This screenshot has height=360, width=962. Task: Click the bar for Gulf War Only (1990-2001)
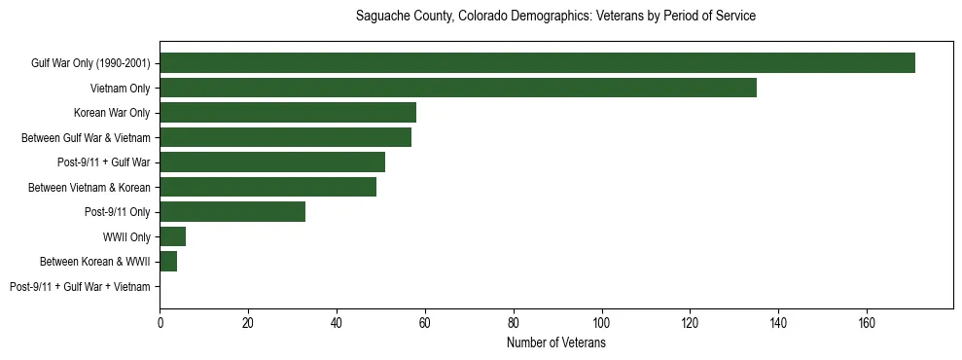537,63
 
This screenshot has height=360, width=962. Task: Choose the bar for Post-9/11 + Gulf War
272,162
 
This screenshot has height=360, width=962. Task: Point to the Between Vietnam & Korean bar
268,187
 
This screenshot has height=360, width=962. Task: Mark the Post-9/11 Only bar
232,212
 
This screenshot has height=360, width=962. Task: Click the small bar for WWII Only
173,236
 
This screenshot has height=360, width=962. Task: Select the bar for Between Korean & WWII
168,262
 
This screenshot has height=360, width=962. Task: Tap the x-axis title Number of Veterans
555,343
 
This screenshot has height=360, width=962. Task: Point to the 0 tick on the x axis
160,323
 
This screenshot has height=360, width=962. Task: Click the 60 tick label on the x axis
425,323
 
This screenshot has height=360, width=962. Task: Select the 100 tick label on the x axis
601,323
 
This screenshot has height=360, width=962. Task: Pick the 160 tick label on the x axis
866,323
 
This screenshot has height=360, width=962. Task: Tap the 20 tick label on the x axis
248,323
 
